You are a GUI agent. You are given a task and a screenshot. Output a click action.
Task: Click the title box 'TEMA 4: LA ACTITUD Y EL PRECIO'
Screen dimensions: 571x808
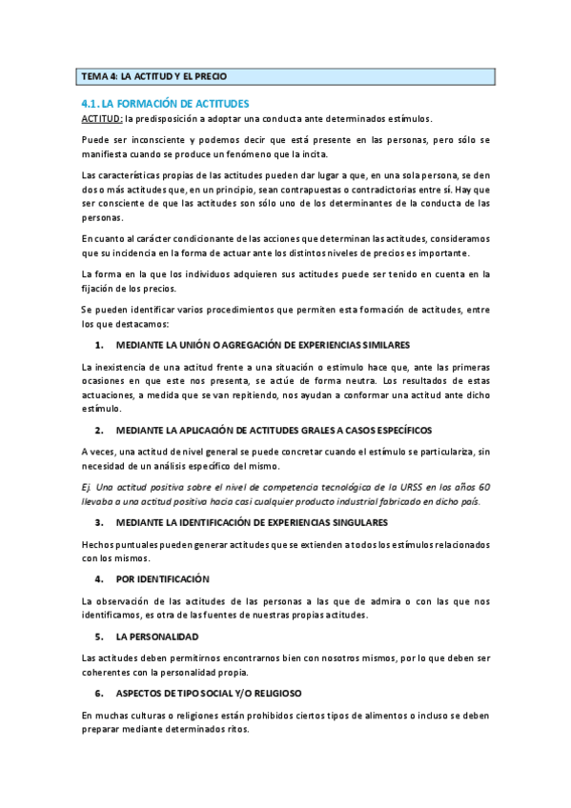coord(285,76)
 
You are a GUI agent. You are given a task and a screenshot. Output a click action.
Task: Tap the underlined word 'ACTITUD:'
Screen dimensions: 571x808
coord(100,118)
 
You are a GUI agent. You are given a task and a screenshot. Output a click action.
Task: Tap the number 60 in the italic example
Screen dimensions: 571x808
coord(484,487)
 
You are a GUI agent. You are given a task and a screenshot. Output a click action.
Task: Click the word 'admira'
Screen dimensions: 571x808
coord(378,601)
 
